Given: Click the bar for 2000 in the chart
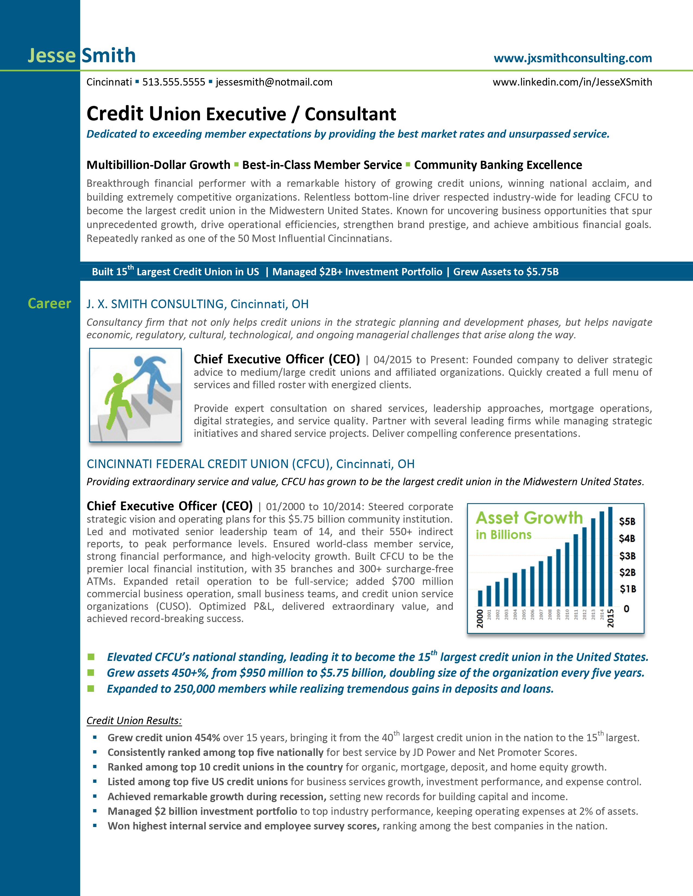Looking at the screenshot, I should click(480, 598).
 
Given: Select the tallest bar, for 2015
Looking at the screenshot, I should click(610, 556).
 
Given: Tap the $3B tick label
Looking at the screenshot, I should click(627, 556).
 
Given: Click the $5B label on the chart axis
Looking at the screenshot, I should click(627, 521).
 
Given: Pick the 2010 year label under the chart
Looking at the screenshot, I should click(567, 614).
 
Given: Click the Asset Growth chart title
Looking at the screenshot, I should click(529, 518).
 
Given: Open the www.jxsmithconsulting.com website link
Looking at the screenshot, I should click(573, 58).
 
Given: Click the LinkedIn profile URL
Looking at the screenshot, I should click(572, 82).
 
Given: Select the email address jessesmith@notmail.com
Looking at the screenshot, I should click(274, 82).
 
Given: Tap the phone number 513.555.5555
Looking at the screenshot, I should click(174, 82).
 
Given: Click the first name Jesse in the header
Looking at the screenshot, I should click(52, 55).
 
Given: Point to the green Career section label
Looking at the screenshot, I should click(49, 303).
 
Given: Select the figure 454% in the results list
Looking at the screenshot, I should click(207, 738).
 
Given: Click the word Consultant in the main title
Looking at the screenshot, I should click(350, 114).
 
